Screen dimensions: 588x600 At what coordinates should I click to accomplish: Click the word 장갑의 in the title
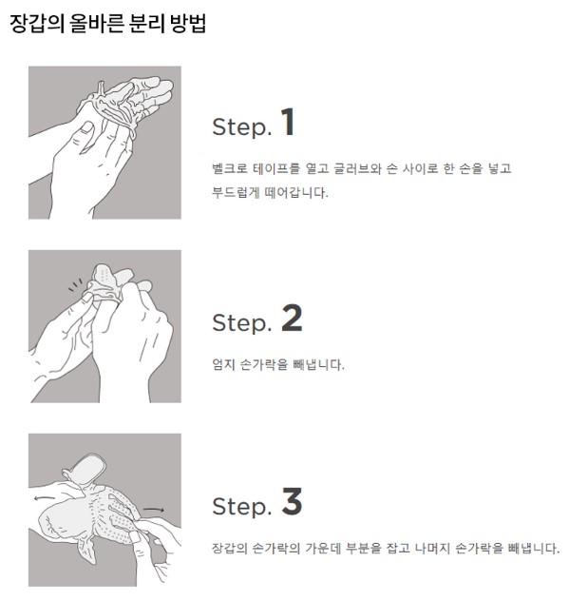tap(37, 24)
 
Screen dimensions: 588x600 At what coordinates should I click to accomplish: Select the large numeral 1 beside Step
tap(288, 122)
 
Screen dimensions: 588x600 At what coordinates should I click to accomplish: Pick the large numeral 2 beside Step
tap(292, 318)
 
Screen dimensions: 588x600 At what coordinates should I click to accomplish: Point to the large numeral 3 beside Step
tap(292, 501)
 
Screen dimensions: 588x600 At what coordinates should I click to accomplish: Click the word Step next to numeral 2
tap(241, 322)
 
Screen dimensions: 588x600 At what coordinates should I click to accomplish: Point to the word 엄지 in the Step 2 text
tap(223, 364)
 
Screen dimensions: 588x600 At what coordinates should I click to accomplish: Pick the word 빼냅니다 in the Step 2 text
tap(318, 364)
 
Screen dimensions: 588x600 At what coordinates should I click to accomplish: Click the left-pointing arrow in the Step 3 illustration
tap(45, 498)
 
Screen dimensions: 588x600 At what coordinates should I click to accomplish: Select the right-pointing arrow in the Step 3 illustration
tap(154, 510)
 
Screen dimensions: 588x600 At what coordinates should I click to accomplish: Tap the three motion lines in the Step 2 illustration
tap(75, 284)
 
